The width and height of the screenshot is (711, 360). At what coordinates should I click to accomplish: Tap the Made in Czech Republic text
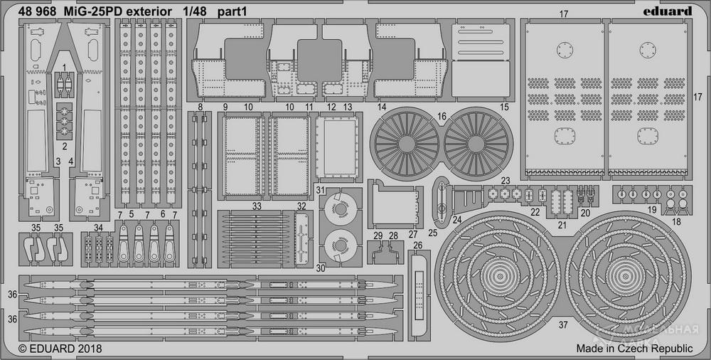point(634,349)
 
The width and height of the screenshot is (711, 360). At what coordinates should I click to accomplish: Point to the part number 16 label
point(442,117)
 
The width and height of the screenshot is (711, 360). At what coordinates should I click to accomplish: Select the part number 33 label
point(256,206)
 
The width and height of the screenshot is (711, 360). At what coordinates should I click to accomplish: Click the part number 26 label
point(417,246)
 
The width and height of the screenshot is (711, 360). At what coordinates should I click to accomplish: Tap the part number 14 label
point(382,107)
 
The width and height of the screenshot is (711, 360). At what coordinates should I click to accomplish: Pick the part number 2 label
point(65,147)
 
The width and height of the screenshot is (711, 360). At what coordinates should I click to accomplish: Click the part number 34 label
point(98,228)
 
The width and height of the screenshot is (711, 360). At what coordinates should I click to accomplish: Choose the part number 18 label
point(675,222)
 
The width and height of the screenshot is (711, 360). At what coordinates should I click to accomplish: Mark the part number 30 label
point(321,268)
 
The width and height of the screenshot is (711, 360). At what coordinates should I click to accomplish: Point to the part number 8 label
point(201,107)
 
